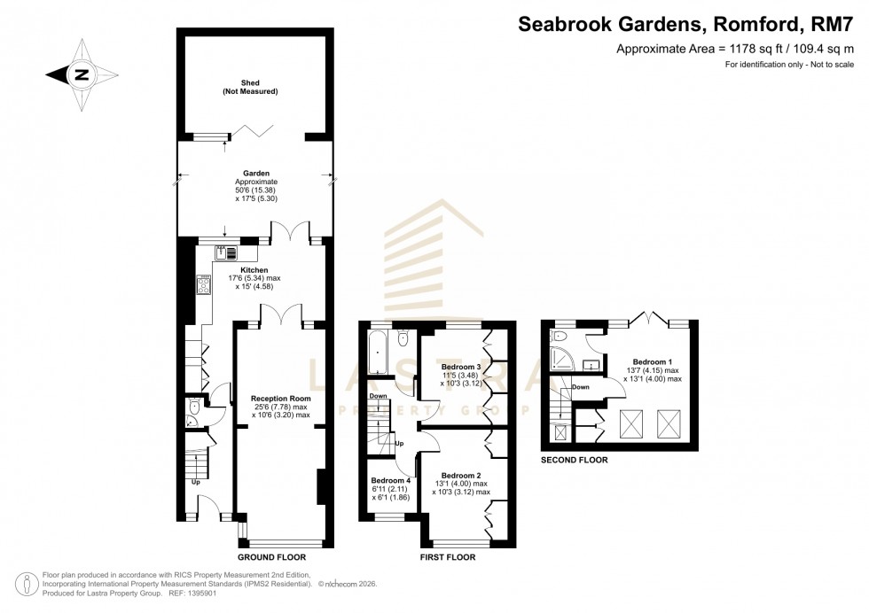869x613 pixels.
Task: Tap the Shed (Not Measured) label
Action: (x=250, y=87)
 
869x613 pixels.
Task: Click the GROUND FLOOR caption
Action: (x=271, y=558)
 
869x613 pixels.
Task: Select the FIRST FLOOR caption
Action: (x=448, y=558)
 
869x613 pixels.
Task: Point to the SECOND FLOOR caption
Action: (x=575, y=461)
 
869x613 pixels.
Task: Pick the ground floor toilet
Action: (x=195, y=408)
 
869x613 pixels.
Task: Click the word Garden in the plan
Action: (x=257, y=174)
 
